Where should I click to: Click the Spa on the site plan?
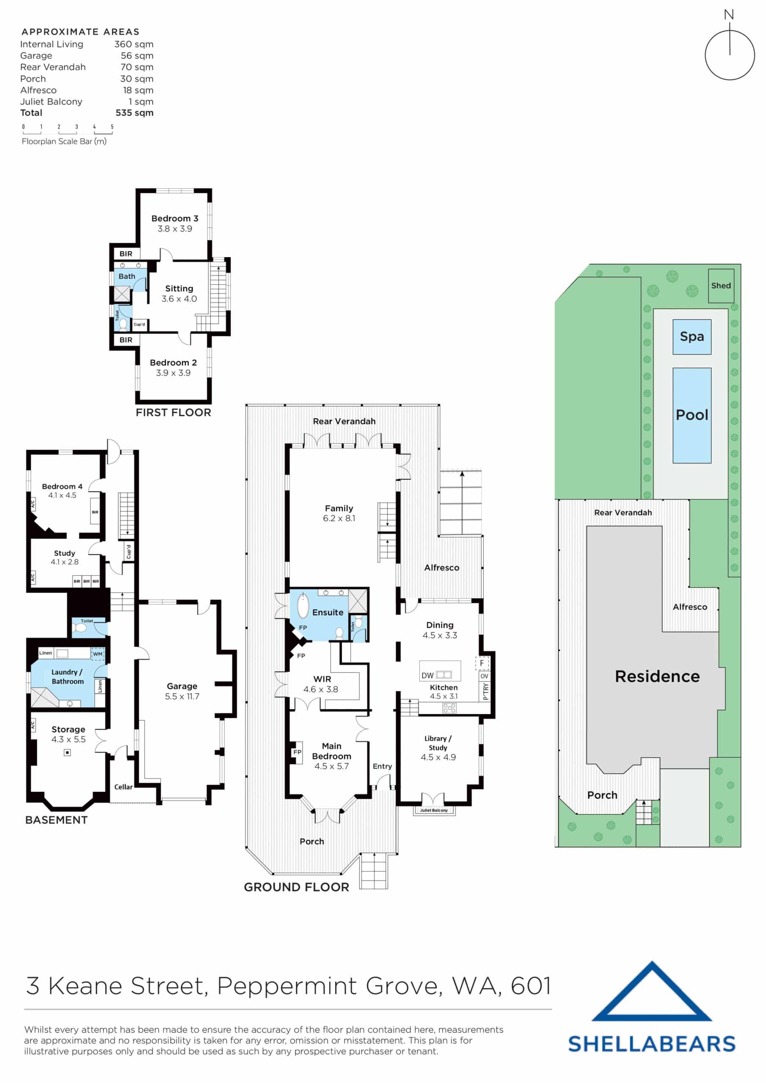(x=692, y=337)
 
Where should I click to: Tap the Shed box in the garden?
(x=721, y=286)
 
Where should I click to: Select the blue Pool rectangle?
(x=692, y=415)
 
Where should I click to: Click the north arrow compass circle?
(x=729, y=55)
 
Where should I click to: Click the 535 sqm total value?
(x=135, y=113)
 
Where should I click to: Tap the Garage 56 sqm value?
(x=137, y=56)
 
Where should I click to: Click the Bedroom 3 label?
(x=175, y=218)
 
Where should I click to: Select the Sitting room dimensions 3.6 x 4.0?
(x=179, y=299)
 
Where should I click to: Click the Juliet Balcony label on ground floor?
(x=434, y=811)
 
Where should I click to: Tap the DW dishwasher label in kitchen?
(x=427, y=676)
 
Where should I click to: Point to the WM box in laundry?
(x=97, y=654)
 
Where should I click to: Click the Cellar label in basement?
(x=123, y=787)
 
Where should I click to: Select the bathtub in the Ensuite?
(x=303, y=606)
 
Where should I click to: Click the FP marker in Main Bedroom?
(x=297, y=752)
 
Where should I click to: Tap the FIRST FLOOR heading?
(x=173, y=413)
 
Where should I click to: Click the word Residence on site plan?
(x=657, y=676)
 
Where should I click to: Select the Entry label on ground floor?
(x=382, y=767)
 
